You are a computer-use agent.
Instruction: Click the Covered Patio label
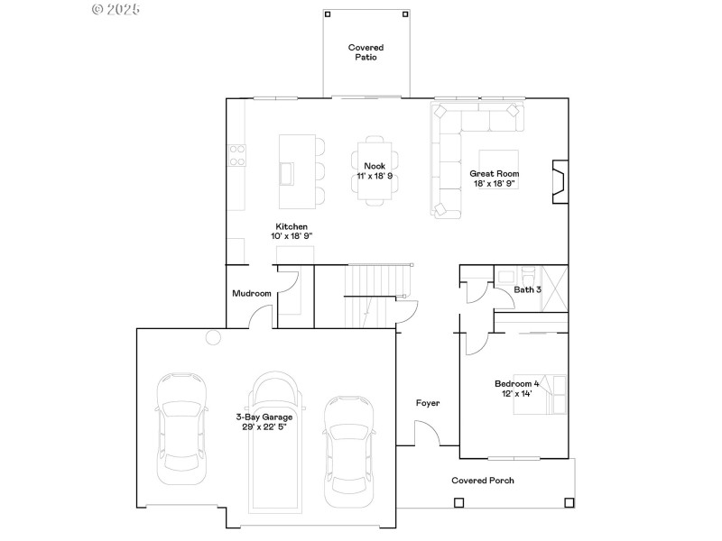pyautogui.click(x=366, y=51)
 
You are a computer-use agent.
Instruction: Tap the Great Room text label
pyautogui.click(x=494, y=173)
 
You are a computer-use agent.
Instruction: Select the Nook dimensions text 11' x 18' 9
pyautogui.click(x=374, y=176)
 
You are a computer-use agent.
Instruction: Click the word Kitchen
pyautogui.click(x=292, y=226)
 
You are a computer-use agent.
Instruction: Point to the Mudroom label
pyautogui.click(x=252, y=293)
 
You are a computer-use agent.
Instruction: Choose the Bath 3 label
pyautogui.click(x=528, y=289)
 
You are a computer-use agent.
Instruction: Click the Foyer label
pyautogui.click(x=428, y=403)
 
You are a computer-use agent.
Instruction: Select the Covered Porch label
pyautogui.click(x=483, y=481)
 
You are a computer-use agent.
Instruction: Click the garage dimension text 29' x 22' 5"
pyautogui.click(x=264, y=427)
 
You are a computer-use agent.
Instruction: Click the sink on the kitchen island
pyautogui.click(x=288, y=171)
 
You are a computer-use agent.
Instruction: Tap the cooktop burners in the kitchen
pyautogui.click(x=237, y=155)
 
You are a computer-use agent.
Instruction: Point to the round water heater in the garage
pyautogui.click(x=213, y=337)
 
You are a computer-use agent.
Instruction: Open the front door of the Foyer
pyautogui.click(x=428, y=435)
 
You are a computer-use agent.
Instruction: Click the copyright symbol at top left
pyautogui.click(x=98, y=9)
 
